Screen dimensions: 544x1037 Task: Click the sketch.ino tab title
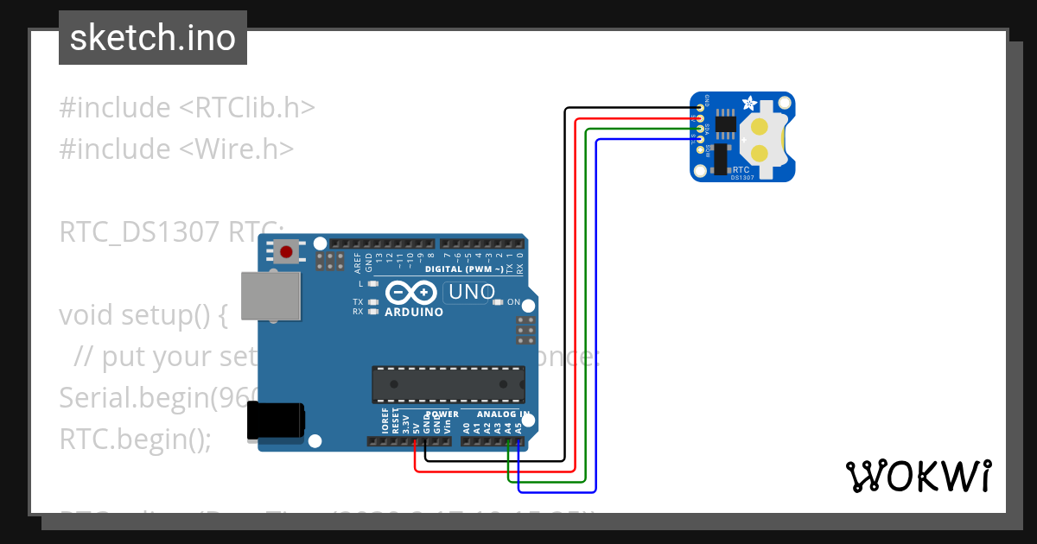(153, 38)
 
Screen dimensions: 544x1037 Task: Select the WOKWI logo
(918, 476)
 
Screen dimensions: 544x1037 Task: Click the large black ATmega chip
(449, 384)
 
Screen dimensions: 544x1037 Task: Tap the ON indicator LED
(499, 302)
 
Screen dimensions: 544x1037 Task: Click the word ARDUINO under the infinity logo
(414, 312)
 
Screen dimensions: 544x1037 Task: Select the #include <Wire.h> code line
(176, 149)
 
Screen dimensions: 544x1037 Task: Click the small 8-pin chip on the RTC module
(726, 124)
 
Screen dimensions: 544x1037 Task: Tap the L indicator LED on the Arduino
(372, 283)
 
